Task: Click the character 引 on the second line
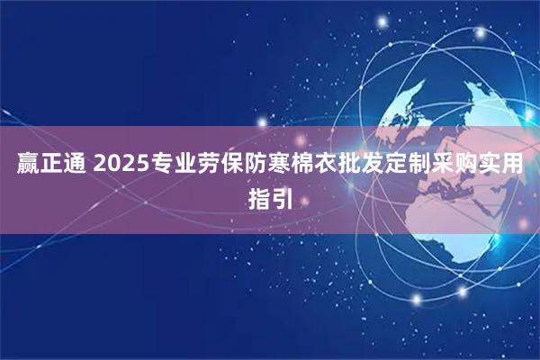pyautogui.click(x=283, y=196)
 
